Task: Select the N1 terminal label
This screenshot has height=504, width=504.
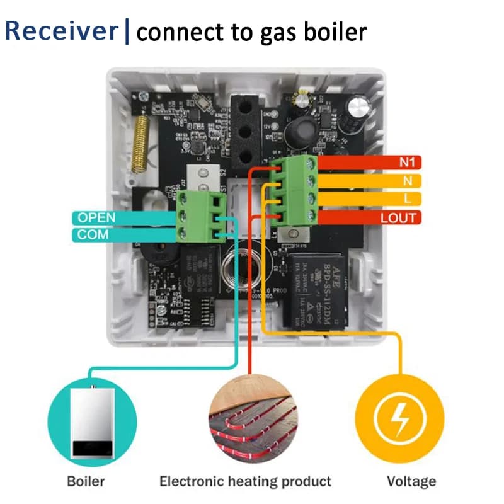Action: tap(404, 163)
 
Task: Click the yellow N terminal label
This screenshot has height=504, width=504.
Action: tap(408, 181)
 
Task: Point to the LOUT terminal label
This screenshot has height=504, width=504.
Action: tap(399, 218)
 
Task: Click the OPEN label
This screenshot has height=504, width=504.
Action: tap(96, 217)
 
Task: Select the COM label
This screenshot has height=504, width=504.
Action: tap(93, 234)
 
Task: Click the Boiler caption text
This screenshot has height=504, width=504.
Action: tap(86, 482)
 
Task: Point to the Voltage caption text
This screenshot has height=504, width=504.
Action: tap(411, 482)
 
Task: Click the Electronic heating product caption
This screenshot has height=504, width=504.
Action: tap(245, 482)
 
